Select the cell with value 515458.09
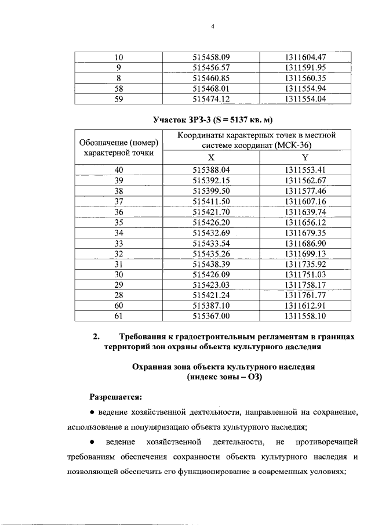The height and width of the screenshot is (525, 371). [x=211, y=57]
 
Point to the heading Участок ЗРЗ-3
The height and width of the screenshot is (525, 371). [x=212, y=121]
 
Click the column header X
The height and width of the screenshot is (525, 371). [x=211, y=157]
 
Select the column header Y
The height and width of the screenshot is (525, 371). [x=305, y=157]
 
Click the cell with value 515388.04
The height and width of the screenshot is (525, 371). [x=211, y=170]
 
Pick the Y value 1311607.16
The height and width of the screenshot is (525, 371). [x=306, y=201]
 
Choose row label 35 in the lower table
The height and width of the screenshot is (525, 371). [x=119, y=222]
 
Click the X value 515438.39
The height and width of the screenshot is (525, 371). [x=211, y=264]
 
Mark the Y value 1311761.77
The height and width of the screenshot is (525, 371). [x=306, y=295]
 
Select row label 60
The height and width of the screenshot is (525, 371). [x=119, y=306]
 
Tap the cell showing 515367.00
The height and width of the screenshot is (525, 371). [x=211, y=316]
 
